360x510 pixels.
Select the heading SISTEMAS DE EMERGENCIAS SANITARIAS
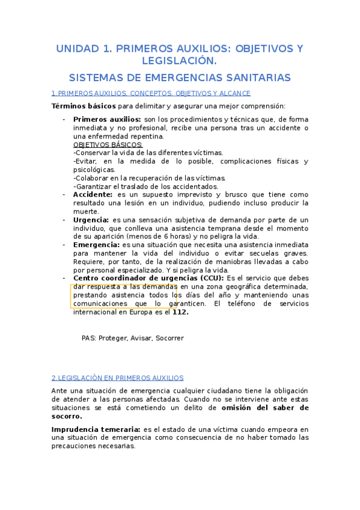180,78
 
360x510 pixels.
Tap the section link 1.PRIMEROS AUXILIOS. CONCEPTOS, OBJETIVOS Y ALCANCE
151,93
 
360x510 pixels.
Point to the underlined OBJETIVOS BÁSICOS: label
108,145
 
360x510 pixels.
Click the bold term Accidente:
93,195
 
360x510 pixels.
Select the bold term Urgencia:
91,220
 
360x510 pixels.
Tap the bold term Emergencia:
96,245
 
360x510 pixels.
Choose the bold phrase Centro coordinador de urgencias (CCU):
148,278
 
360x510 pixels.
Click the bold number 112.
180,312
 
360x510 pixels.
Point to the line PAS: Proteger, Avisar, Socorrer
132,338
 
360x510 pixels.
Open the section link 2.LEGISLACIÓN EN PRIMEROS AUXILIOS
117,378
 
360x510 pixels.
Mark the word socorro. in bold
67,416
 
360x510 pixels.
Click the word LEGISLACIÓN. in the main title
179,61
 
